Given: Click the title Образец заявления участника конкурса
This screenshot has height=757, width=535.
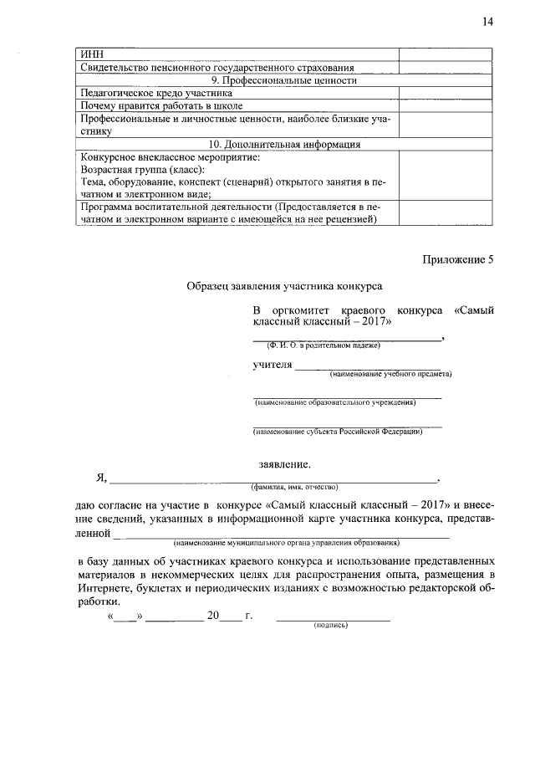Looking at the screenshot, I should [x=284, y=286].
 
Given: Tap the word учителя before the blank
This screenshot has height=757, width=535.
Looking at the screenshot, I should [x=273, y=366].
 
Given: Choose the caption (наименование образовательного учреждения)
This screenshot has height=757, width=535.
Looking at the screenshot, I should [x=334, y=402].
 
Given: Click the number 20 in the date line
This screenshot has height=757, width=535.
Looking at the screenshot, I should [x=213, y=616].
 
